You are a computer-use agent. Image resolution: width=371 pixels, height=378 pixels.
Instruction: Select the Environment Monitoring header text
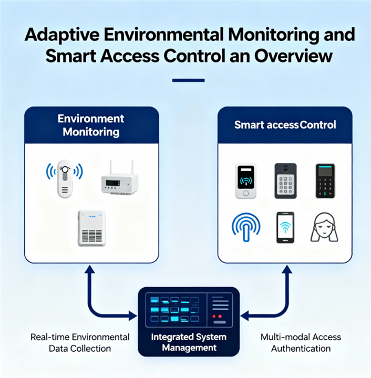click(x=91, y=125)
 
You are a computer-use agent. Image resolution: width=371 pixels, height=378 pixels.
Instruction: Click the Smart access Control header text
click(x=285, y=125)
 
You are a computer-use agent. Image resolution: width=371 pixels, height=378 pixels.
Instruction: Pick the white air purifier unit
click(x=91, y=228)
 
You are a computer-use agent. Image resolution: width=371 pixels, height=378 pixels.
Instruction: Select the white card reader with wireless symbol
click(x=246, y=181)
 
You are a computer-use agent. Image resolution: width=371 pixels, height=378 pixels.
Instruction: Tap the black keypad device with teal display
click(x=325, y=181)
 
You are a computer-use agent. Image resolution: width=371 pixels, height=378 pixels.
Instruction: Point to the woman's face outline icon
click(x=324, y=227)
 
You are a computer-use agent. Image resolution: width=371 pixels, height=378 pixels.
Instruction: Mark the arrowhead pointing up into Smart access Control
click(x=286, y=269)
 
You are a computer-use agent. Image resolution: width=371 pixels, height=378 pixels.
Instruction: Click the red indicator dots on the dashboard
click(x=216, y=317)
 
